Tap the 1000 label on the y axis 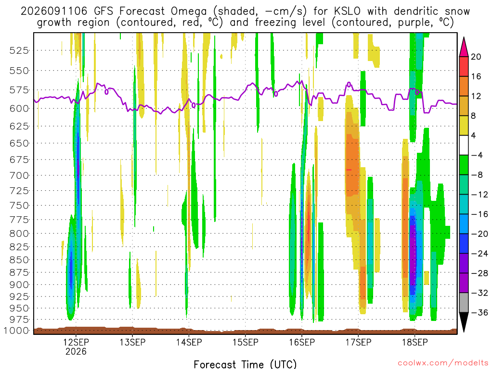(16, 331)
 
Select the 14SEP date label (189, 342)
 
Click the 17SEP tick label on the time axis (358, 342)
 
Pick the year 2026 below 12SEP (76, 351)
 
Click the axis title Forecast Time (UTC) (245, 364)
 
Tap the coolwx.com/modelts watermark (443, 363)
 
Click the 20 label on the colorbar (476, 57)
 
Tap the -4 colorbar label (477, 155)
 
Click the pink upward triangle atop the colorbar (464, 47)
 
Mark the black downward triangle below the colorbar (464, 322)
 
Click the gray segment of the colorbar (464, 303)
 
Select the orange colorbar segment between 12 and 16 (464, 86)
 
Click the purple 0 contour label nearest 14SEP (194, 105)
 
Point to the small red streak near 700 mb (349, 170)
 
